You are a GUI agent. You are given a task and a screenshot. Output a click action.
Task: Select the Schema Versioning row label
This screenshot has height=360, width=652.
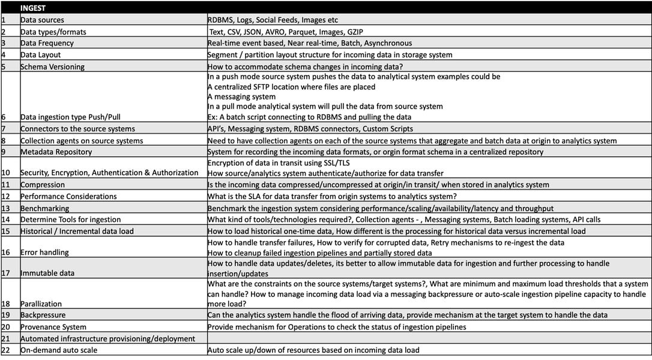[52, 67]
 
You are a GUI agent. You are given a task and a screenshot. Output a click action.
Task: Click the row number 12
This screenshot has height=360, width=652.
[5, 196]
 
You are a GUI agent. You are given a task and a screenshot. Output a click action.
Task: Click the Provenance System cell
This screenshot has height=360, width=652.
[53, 327]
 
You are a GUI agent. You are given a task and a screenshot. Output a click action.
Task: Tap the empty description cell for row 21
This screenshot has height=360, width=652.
[420, 338]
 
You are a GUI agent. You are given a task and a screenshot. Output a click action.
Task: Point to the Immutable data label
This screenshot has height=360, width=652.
[47, 273]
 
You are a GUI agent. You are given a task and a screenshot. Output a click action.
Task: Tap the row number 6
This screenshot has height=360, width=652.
[4, 117]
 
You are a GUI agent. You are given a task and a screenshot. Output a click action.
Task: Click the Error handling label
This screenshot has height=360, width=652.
[44, 252]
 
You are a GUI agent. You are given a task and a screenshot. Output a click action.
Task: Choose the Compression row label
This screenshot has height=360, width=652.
[43, 185]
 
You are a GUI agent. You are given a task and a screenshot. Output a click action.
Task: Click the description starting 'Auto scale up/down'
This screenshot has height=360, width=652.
[313, 350]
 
